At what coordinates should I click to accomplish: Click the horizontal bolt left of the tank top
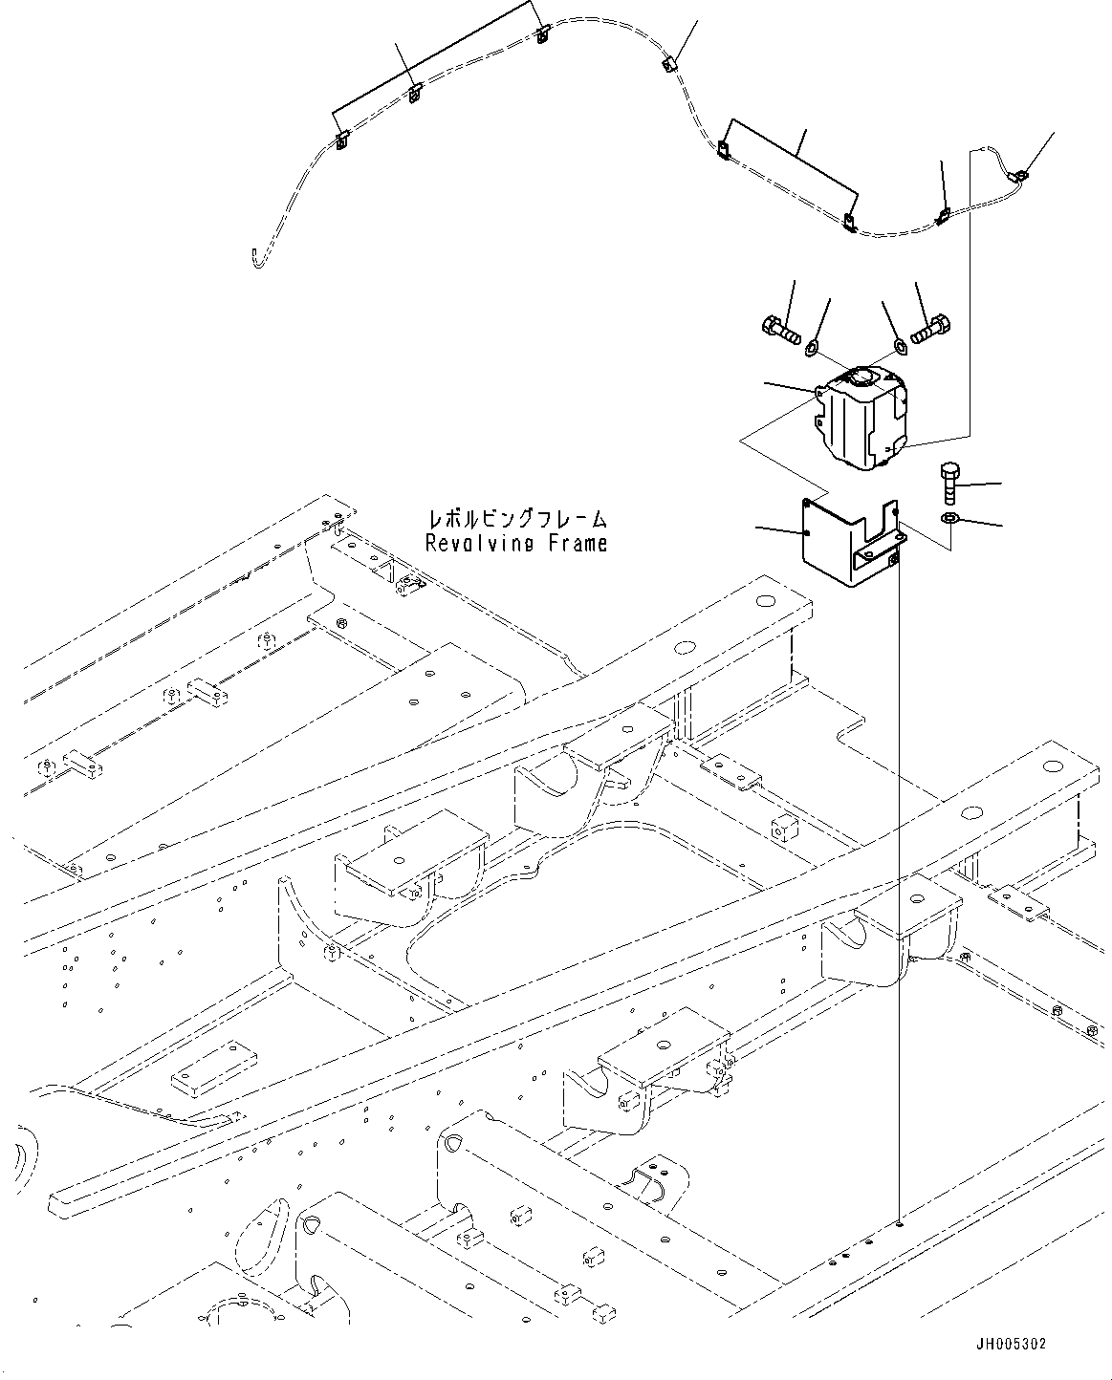click(780, 330)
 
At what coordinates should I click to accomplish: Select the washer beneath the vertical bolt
click(949, 518)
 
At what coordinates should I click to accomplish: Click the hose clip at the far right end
click(1021, 174)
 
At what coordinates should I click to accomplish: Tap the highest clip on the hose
click(542, 36)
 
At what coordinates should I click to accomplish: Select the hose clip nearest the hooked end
click(341, 143)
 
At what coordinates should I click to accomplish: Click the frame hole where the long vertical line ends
click(900, 1222)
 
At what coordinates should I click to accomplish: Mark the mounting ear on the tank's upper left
click(821, 392)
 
